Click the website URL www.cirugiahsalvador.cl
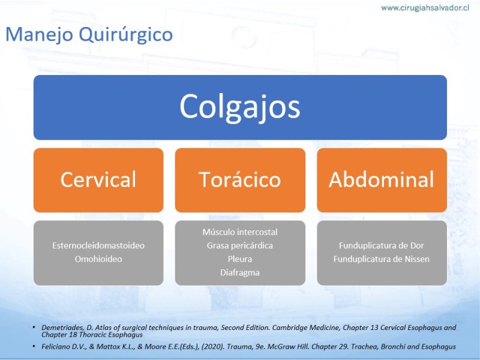(x=425, y=8)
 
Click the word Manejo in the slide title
(x=39, y=34)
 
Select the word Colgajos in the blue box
(x=239, y=107)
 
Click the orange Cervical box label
(x=98, y=179)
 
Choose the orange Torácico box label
(x=239, y=179)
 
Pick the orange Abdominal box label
(x=382, y=179)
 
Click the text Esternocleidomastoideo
(x=98, y=245)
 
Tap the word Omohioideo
(x=98, y=259)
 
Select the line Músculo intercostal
(x=239, y=232)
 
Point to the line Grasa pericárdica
(x=239, y=245)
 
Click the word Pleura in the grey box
(x=239, y=259)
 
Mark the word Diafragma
(x=239, y=272)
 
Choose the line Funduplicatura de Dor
(x=382, y=245)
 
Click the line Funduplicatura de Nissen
(x=382, y=259)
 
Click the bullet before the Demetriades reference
(x=34, y=328)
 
